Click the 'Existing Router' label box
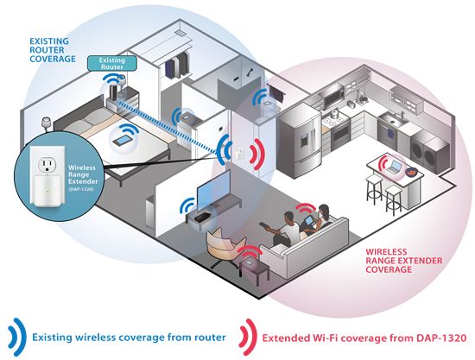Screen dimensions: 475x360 [x=111, y=64]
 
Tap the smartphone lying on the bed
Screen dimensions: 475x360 [x=123, y=141]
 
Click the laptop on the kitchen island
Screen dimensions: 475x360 [x=394, y=167]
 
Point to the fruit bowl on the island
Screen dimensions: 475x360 [x=411, y=172]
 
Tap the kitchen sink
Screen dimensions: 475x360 [x=392, y=120]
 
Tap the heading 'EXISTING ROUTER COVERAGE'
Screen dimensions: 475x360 [x=52, y=50]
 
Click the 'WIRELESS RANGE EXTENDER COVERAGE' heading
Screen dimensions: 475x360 [x=403, y=261]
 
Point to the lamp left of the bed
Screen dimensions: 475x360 [x=47, y=123]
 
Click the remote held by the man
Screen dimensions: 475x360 [x=264, y=226]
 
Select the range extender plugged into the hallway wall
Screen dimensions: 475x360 [x=239, y=152]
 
